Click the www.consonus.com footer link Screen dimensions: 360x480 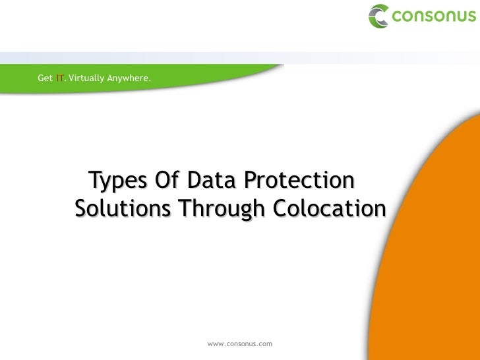(x=239, y=344)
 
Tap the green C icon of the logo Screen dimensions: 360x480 (x=378, y=16)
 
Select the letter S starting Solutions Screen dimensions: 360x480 (x=82, y=210)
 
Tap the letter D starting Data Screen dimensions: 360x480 (x=194, y=179)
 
